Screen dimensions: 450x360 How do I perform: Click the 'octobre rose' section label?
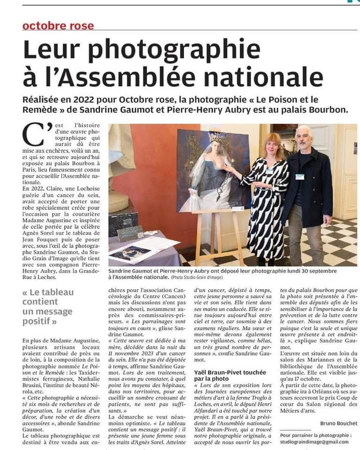pos(58,25)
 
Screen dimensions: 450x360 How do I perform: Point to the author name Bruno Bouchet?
pos(339,424)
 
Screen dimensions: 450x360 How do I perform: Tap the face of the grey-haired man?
pos(302,138)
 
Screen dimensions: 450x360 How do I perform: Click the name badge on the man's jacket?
pos(300,177)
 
